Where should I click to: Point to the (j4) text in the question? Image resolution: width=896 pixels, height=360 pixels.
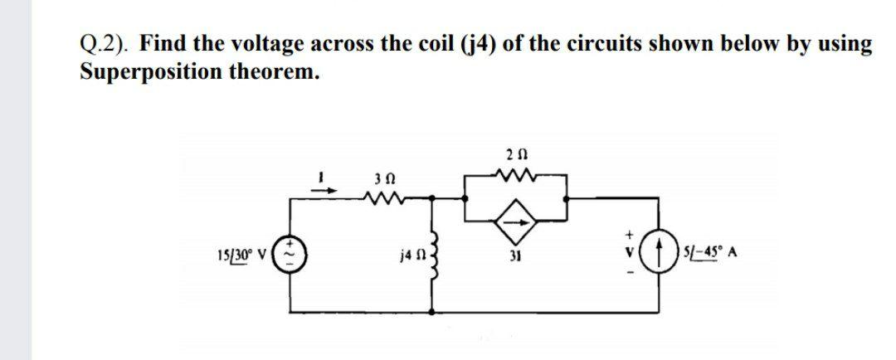pos(478,43)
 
